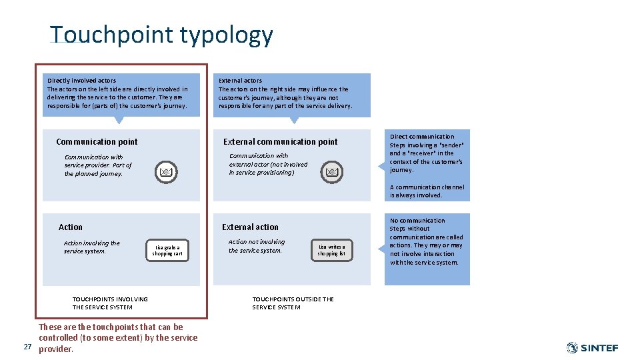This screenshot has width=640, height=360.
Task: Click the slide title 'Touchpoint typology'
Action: (161, 35)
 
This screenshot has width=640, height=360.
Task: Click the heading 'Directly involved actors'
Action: (81, 81)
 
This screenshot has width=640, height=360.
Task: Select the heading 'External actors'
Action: (240, 81)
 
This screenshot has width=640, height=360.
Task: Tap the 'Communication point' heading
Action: (97, 141)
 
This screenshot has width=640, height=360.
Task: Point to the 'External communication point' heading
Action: (280, 141)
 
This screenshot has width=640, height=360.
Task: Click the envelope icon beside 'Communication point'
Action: (167, 173)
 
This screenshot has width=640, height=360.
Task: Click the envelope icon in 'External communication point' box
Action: (332, 173)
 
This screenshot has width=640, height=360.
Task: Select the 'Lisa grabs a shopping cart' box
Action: (167, 251)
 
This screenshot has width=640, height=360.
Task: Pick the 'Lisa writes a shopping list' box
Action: (331, 251)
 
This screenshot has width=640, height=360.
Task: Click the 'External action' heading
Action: (250, 227)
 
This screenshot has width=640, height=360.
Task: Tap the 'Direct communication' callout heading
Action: (422, 137)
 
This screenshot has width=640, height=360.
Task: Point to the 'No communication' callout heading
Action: (417, 221)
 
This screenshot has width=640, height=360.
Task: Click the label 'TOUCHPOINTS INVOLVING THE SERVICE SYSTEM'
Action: (110, 303)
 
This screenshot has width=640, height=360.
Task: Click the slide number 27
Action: (27, 347)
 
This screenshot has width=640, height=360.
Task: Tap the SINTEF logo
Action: (592, 348)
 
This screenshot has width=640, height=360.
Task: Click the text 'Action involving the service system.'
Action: (92, 247)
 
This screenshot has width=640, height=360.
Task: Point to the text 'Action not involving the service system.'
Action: (256, 246)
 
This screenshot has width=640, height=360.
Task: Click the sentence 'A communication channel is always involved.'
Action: (427, 191)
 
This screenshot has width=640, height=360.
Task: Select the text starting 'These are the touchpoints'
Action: (118, 338)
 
